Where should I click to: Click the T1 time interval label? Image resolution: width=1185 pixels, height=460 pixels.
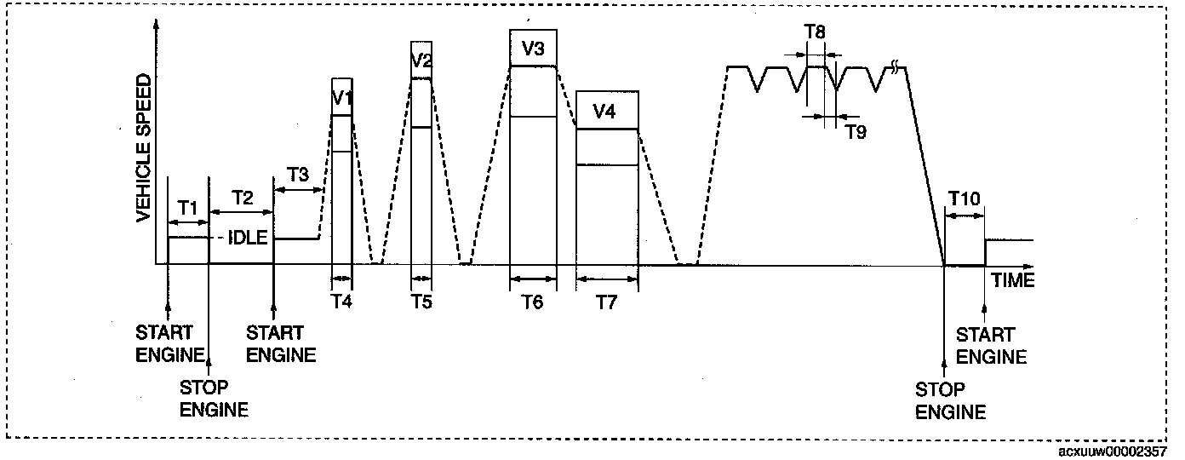coord(188,207)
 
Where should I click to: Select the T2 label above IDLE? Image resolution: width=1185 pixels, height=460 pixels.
coord(242,198)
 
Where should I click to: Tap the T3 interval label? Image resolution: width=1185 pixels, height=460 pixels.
coord(298,175)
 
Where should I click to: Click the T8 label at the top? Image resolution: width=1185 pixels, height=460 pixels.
coord(815,32)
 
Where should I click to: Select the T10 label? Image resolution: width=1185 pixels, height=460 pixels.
coord(965,198)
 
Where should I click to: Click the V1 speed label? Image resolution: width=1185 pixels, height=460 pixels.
coord(342,96)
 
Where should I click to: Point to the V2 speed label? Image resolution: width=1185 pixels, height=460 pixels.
coord(421,60)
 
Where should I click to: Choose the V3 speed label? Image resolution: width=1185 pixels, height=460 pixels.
coord(533,49)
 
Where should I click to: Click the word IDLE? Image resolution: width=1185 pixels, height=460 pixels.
coord(249,239)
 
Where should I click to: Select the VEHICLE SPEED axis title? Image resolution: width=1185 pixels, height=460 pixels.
coord(144,147)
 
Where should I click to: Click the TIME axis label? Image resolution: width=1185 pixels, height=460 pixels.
coord(1012,280)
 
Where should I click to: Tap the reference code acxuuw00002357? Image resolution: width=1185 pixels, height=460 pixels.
coord(1114,450)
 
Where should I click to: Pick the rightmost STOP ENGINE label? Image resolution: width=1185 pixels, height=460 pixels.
coord(950,401)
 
